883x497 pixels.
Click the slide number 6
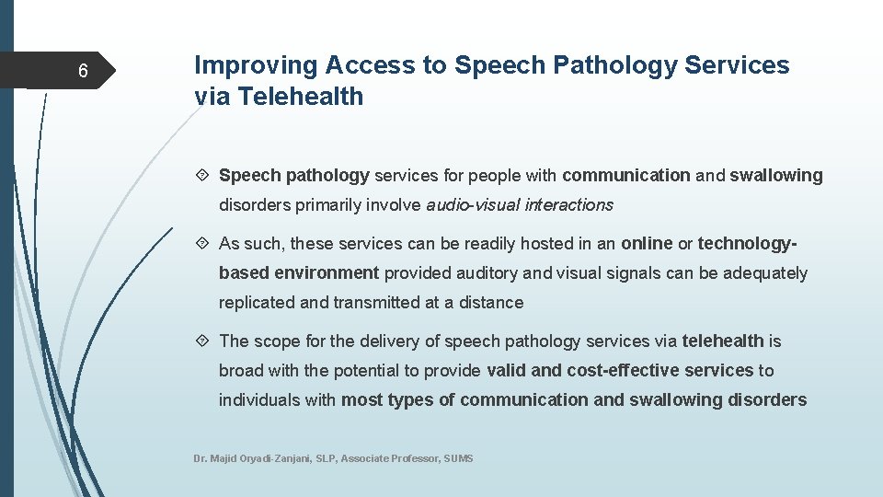[x=83, y=72]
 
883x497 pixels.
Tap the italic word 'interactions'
[x=568, y=205]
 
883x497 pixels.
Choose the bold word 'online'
[x=647, y=244]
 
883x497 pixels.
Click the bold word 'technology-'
[x=747, y=244]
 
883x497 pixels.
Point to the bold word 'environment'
[x=332, y=273]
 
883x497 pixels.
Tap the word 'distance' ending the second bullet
[x=493, y=303]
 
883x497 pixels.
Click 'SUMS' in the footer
[x=458, y=458]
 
